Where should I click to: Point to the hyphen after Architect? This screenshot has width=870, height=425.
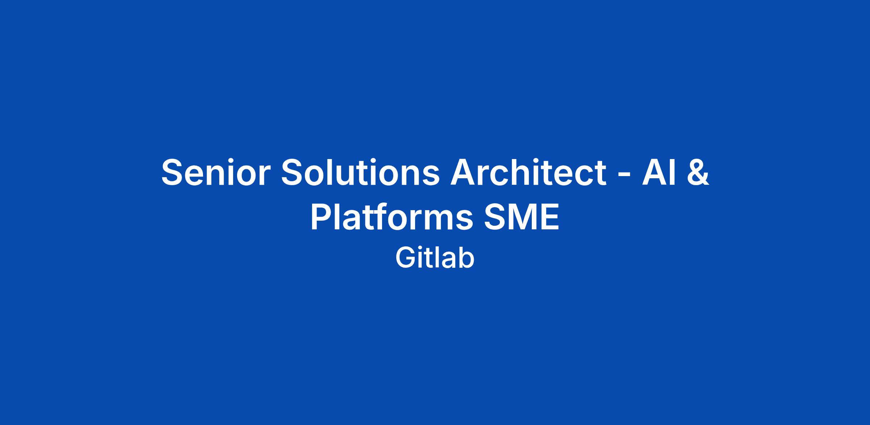624,176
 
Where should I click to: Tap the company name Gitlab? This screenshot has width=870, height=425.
435,258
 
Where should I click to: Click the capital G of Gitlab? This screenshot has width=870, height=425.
406,258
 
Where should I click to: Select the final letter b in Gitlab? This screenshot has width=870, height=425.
467,258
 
